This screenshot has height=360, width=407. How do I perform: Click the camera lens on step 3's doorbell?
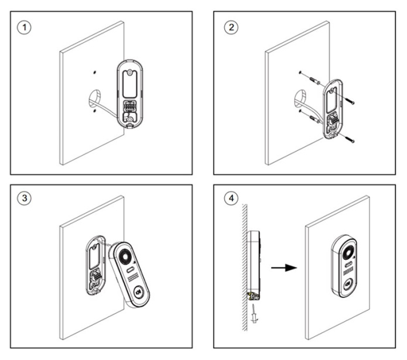[x=125, y=256]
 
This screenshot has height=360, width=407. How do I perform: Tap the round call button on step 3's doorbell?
[x=138, y=291]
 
